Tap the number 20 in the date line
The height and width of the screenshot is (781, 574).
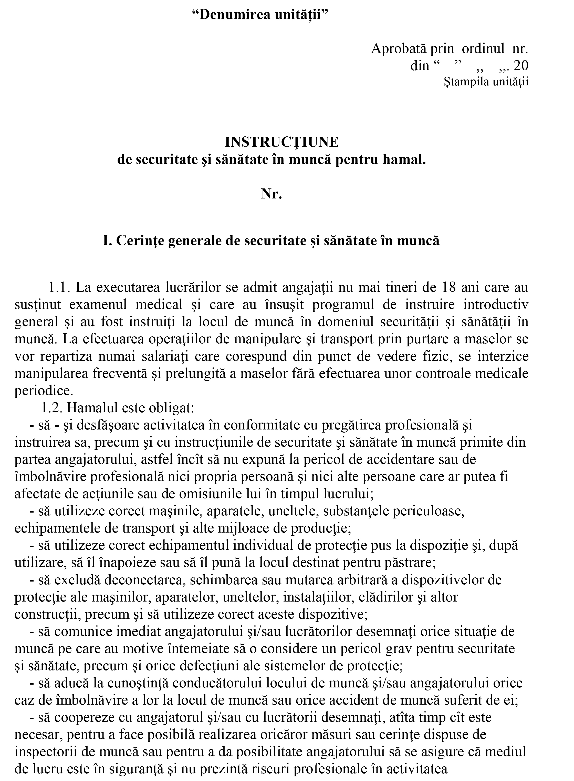point(520,65)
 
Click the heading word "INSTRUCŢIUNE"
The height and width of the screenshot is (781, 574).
point(281,142)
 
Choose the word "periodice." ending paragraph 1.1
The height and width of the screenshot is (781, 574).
point(44,390)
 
